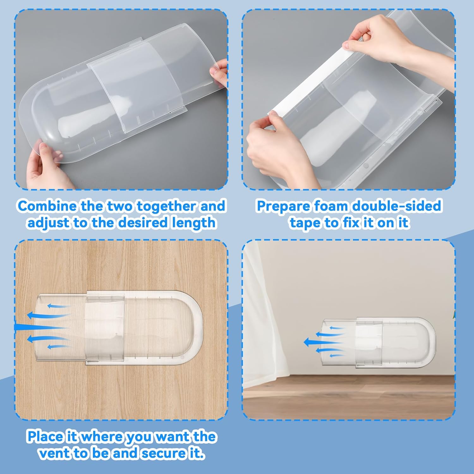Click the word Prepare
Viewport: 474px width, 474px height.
click(283, 206)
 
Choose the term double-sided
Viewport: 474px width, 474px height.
click(397, 206)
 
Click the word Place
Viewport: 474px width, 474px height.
click(45, 437)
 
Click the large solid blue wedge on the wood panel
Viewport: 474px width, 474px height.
click(35, 327)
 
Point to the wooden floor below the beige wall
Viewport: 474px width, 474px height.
click(348, 398)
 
